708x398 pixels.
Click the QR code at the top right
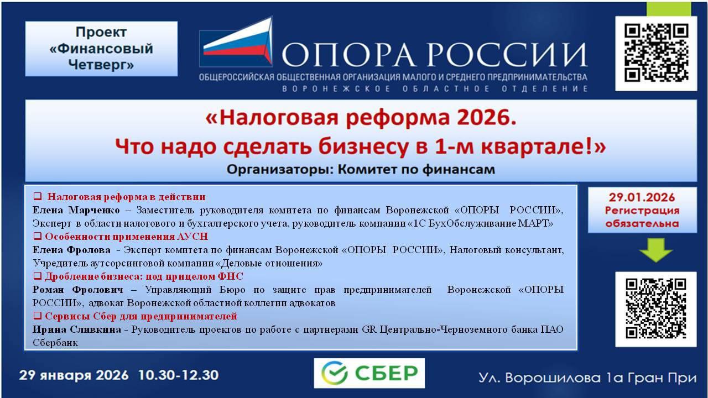point(656,53)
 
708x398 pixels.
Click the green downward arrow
point(655,252)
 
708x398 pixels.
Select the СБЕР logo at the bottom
point(369,373)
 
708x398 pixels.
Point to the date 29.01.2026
point(642,197)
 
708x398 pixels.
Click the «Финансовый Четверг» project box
point(101,49)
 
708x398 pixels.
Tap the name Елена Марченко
point(76,210)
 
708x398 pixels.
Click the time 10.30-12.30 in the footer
point(178,376)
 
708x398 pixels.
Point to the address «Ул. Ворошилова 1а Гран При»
point(587,378)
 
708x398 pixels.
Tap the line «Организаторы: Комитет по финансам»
point(360,169)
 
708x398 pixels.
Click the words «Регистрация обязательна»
point(642,217)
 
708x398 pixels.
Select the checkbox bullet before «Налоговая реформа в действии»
point(38,196)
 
